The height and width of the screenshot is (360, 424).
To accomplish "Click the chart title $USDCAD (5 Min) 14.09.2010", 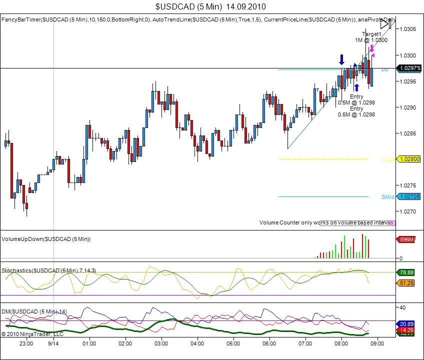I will (210, 6).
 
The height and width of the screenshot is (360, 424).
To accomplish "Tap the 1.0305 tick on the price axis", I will (408, 29).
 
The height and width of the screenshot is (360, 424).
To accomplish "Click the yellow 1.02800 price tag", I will (408, 159).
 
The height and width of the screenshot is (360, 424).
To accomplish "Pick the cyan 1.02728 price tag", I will (408, 196).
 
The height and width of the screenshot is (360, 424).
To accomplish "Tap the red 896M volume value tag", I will (406, 240).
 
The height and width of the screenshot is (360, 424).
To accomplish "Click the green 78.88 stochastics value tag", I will (407, 272).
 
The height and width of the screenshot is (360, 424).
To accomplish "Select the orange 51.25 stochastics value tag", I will (407, 283).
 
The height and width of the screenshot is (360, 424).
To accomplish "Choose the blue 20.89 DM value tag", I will (407, 324).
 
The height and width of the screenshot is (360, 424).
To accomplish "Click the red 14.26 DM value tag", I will (407, 330).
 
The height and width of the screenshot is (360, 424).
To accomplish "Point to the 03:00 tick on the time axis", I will (161, 343).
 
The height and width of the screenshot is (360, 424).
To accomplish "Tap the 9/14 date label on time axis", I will (53, 343).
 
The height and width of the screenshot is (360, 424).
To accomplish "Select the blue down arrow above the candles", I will (341, 59).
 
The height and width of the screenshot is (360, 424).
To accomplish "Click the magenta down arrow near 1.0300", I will (371, 48).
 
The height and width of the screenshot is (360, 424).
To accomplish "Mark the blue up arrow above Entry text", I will (356, 87).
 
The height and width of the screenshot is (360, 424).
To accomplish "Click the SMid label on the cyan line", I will (387, 197).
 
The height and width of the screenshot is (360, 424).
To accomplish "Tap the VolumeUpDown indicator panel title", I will (46, 239).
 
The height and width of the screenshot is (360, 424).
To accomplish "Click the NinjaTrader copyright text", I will (32, 333).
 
